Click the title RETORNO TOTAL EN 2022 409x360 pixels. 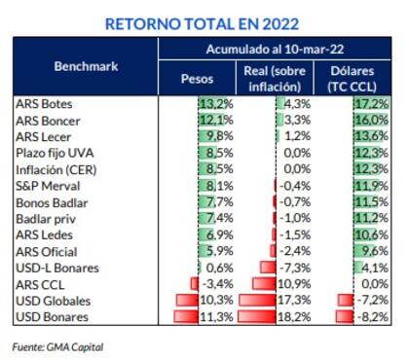[x=202, y=21]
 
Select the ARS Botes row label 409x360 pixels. [x=44, y=103]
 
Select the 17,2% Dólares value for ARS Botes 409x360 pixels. [x=372, y=103]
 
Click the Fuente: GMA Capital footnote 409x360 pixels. [x=57, y=345]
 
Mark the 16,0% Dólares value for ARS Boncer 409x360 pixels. [x=372, y=120]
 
